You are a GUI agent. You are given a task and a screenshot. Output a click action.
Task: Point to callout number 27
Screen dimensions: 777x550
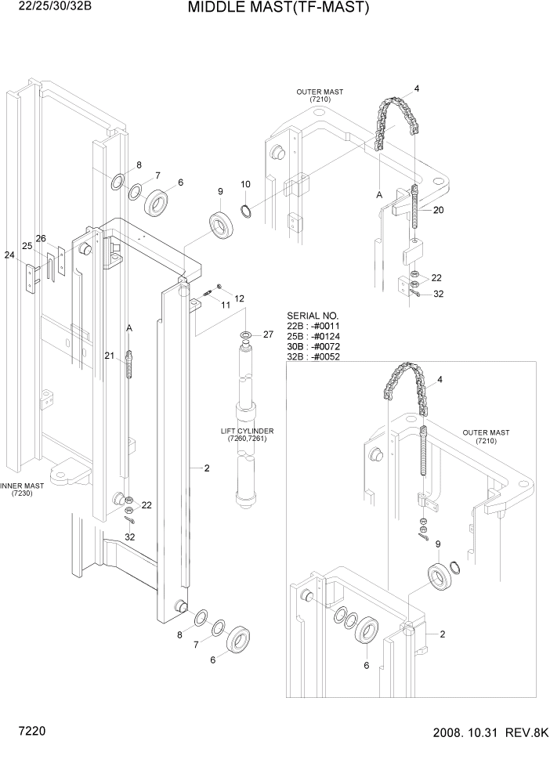point(268,334)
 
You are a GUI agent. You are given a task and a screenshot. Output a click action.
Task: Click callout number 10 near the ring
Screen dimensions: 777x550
point(245,185)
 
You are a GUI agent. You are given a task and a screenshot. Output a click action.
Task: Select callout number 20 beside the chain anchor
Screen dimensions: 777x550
point(438,210)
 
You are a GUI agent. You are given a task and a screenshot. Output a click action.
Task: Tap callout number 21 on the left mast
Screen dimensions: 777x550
point(110,356)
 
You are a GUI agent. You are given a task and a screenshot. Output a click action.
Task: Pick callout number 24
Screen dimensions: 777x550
point(9,255)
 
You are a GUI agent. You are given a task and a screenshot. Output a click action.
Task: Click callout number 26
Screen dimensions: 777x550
point(42,238)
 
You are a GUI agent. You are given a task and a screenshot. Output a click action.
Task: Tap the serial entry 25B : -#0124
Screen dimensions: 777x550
point(314,336)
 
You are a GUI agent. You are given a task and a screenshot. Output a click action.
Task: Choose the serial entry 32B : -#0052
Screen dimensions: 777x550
point(314,356)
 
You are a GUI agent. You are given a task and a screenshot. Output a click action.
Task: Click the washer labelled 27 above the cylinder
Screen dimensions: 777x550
point(246,336)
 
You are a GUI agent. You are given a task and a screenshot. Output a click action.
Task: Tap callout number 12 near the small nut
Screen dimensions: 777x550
point(239,298)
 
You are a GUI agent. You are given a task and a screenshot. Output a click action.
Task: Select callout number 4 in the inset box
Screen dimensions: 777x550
point(440,381)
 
